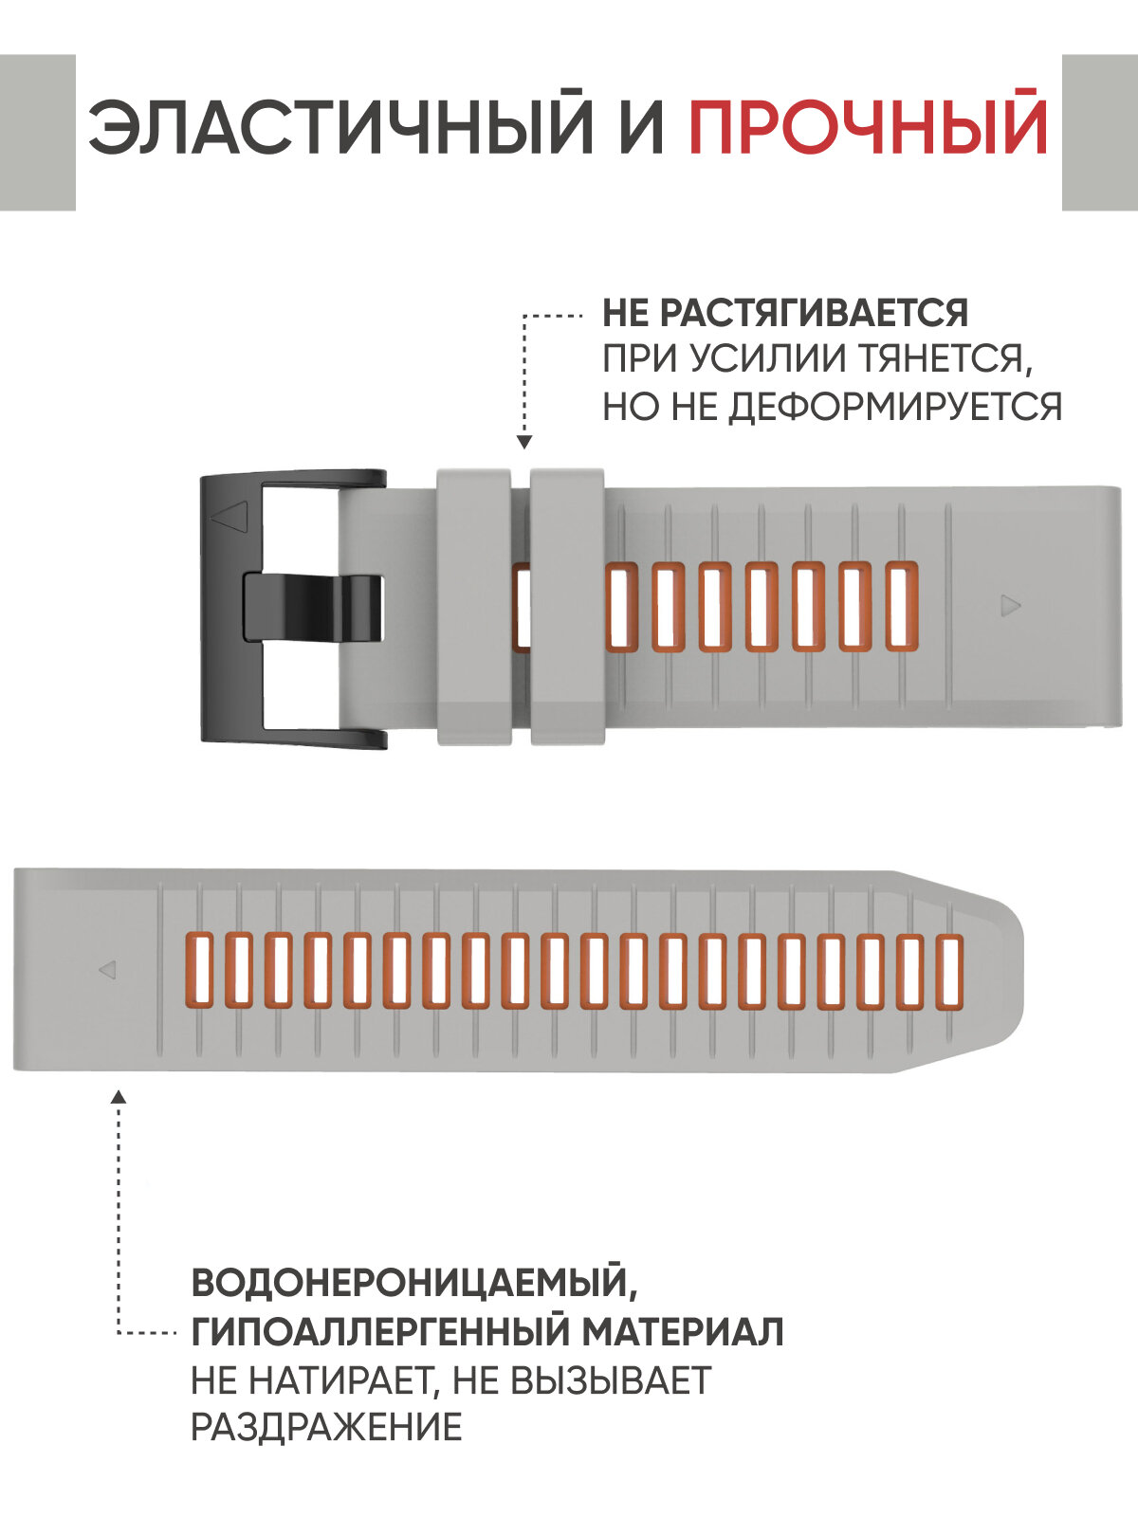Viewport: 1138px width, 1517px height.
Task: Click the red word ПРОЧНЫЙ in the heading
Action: [868, 126]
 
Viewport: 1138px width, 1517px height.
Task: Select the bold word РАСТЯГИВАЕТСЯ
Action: [812, 313]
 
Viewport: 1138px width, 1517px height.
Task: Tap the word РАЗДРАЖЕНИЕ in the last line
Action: [326, 1426]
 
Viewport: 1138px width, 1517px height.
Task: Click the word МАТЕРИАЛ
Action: [683, 1331]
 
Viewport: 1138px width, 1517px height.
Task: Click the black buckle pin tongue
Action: [313, 607]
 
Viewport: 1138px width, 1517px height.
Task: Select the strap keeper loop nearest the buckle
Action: [473, 606]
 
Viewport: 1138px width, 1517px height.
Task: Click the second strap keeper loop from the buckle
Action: [567, 606]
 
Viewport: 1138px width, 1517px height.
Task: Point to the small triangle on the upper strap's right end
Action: [1011, 605]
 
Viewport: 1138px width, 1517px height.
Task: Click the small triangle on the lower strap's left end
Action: [107, 970]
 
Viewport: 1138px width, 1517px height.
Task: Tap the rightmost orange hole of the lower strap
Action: [949, 970]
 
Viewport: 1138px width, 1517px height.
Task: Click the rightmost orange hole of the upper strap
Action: [902, 606]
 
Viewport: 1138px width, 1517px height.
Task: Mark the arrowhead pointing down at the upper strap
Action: [524, 442]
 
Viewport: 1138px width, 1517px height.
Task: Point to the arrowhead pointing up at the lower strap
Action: [119, 1097]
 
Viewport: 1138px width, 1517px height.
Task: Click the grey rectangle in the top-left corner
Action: [37, 133]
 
